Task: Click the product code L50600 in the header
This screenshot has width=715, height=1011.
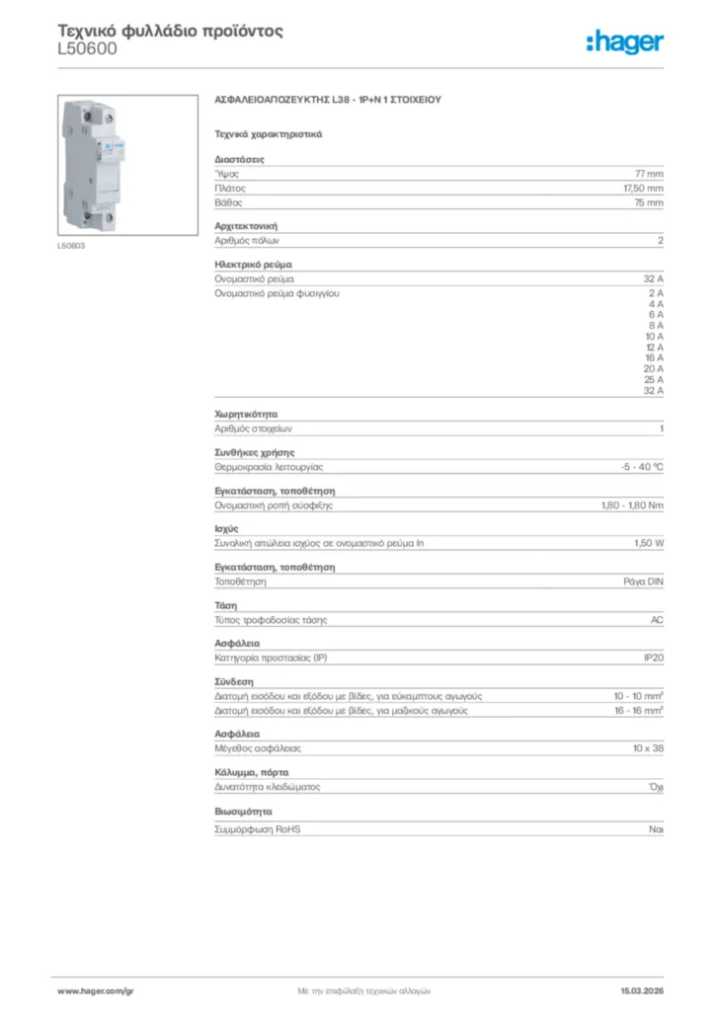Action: coord(88,48)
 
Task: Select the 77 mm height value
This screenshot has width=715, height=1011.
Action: coord(649,173)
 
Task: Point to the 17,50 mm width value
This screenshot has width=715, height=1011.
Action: coord(643,188)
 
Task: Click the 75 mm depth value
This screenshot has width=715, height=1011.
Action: coord(649,202)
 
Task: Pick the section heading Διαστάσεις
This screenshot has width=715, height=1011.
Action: coord(239,159)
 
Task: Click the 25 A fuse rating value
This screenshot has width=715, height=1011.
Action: coord(654,379)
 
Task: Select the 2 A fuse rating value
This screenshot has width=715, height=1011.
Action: coord(656,293)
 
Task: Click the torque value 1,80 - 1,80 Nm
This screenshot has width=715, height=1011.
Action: coord(632,505)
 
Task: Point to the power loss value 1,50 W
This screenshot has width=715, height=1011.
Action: coord(649,543)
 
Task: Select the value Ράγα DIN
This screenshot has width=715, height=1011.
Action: coord(643,582)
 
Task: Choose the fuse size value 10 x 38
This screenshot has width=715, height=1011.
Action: coord(648,749)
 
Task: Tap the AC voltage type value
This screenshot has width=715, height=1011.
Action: coord(657,619)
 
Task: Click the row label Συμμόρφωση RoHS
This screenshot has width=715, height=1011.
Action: coord(257,829)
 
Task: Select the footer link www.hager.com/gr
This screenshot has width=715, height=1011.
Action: coord(95,990)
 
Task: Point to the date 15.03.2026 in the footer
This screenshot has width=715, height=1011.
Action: coord(641,990)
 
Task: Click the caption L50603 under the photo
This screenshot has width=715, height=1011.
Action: coord(70,245)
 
